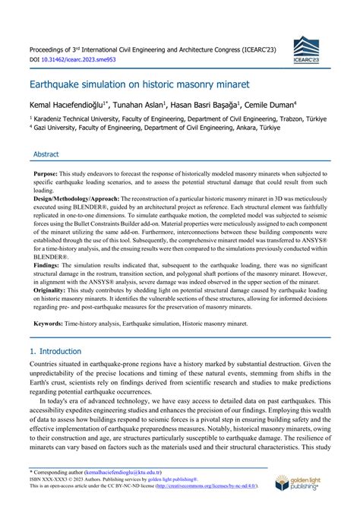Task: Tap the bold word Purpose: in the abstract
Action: pyautogui.click(x=50, y=174)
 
